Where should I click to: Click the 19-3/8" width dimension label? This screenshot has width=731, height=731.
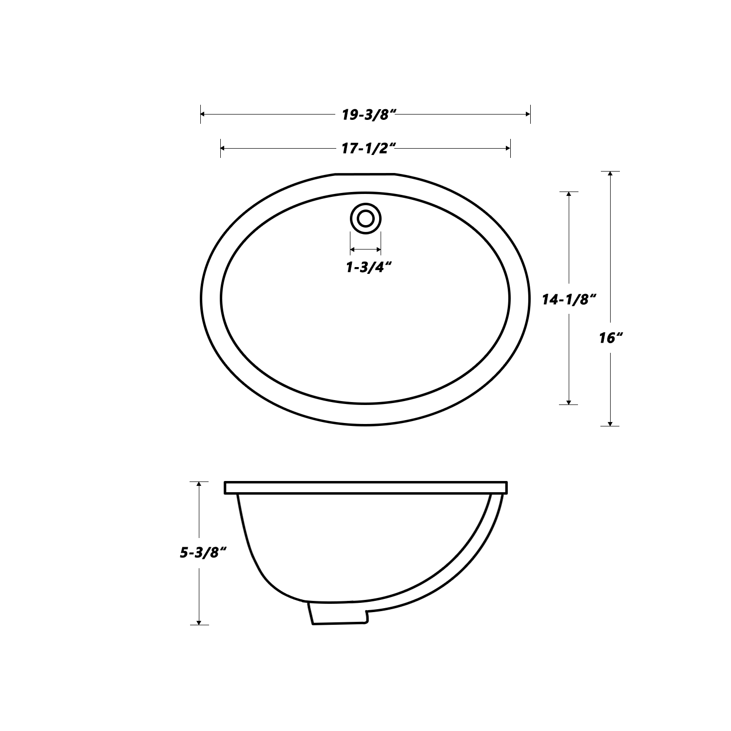(368, 115)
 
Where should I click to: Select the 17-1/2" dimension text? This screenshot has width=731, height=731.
(366, 149)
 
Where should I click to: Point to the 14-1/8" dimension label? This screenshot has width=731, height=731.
(570, 300)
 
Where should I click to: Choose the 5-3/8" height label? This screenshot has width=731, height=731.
(204, 553)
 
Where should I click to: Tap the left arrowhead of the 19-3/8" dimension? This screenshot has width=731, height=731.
(204, 115)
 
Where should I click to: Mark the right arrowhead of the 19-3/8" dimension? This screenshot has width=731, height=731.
(527, 115)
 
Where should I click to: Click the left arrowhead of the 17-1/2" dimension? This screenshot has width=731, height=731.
(224, 148)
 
